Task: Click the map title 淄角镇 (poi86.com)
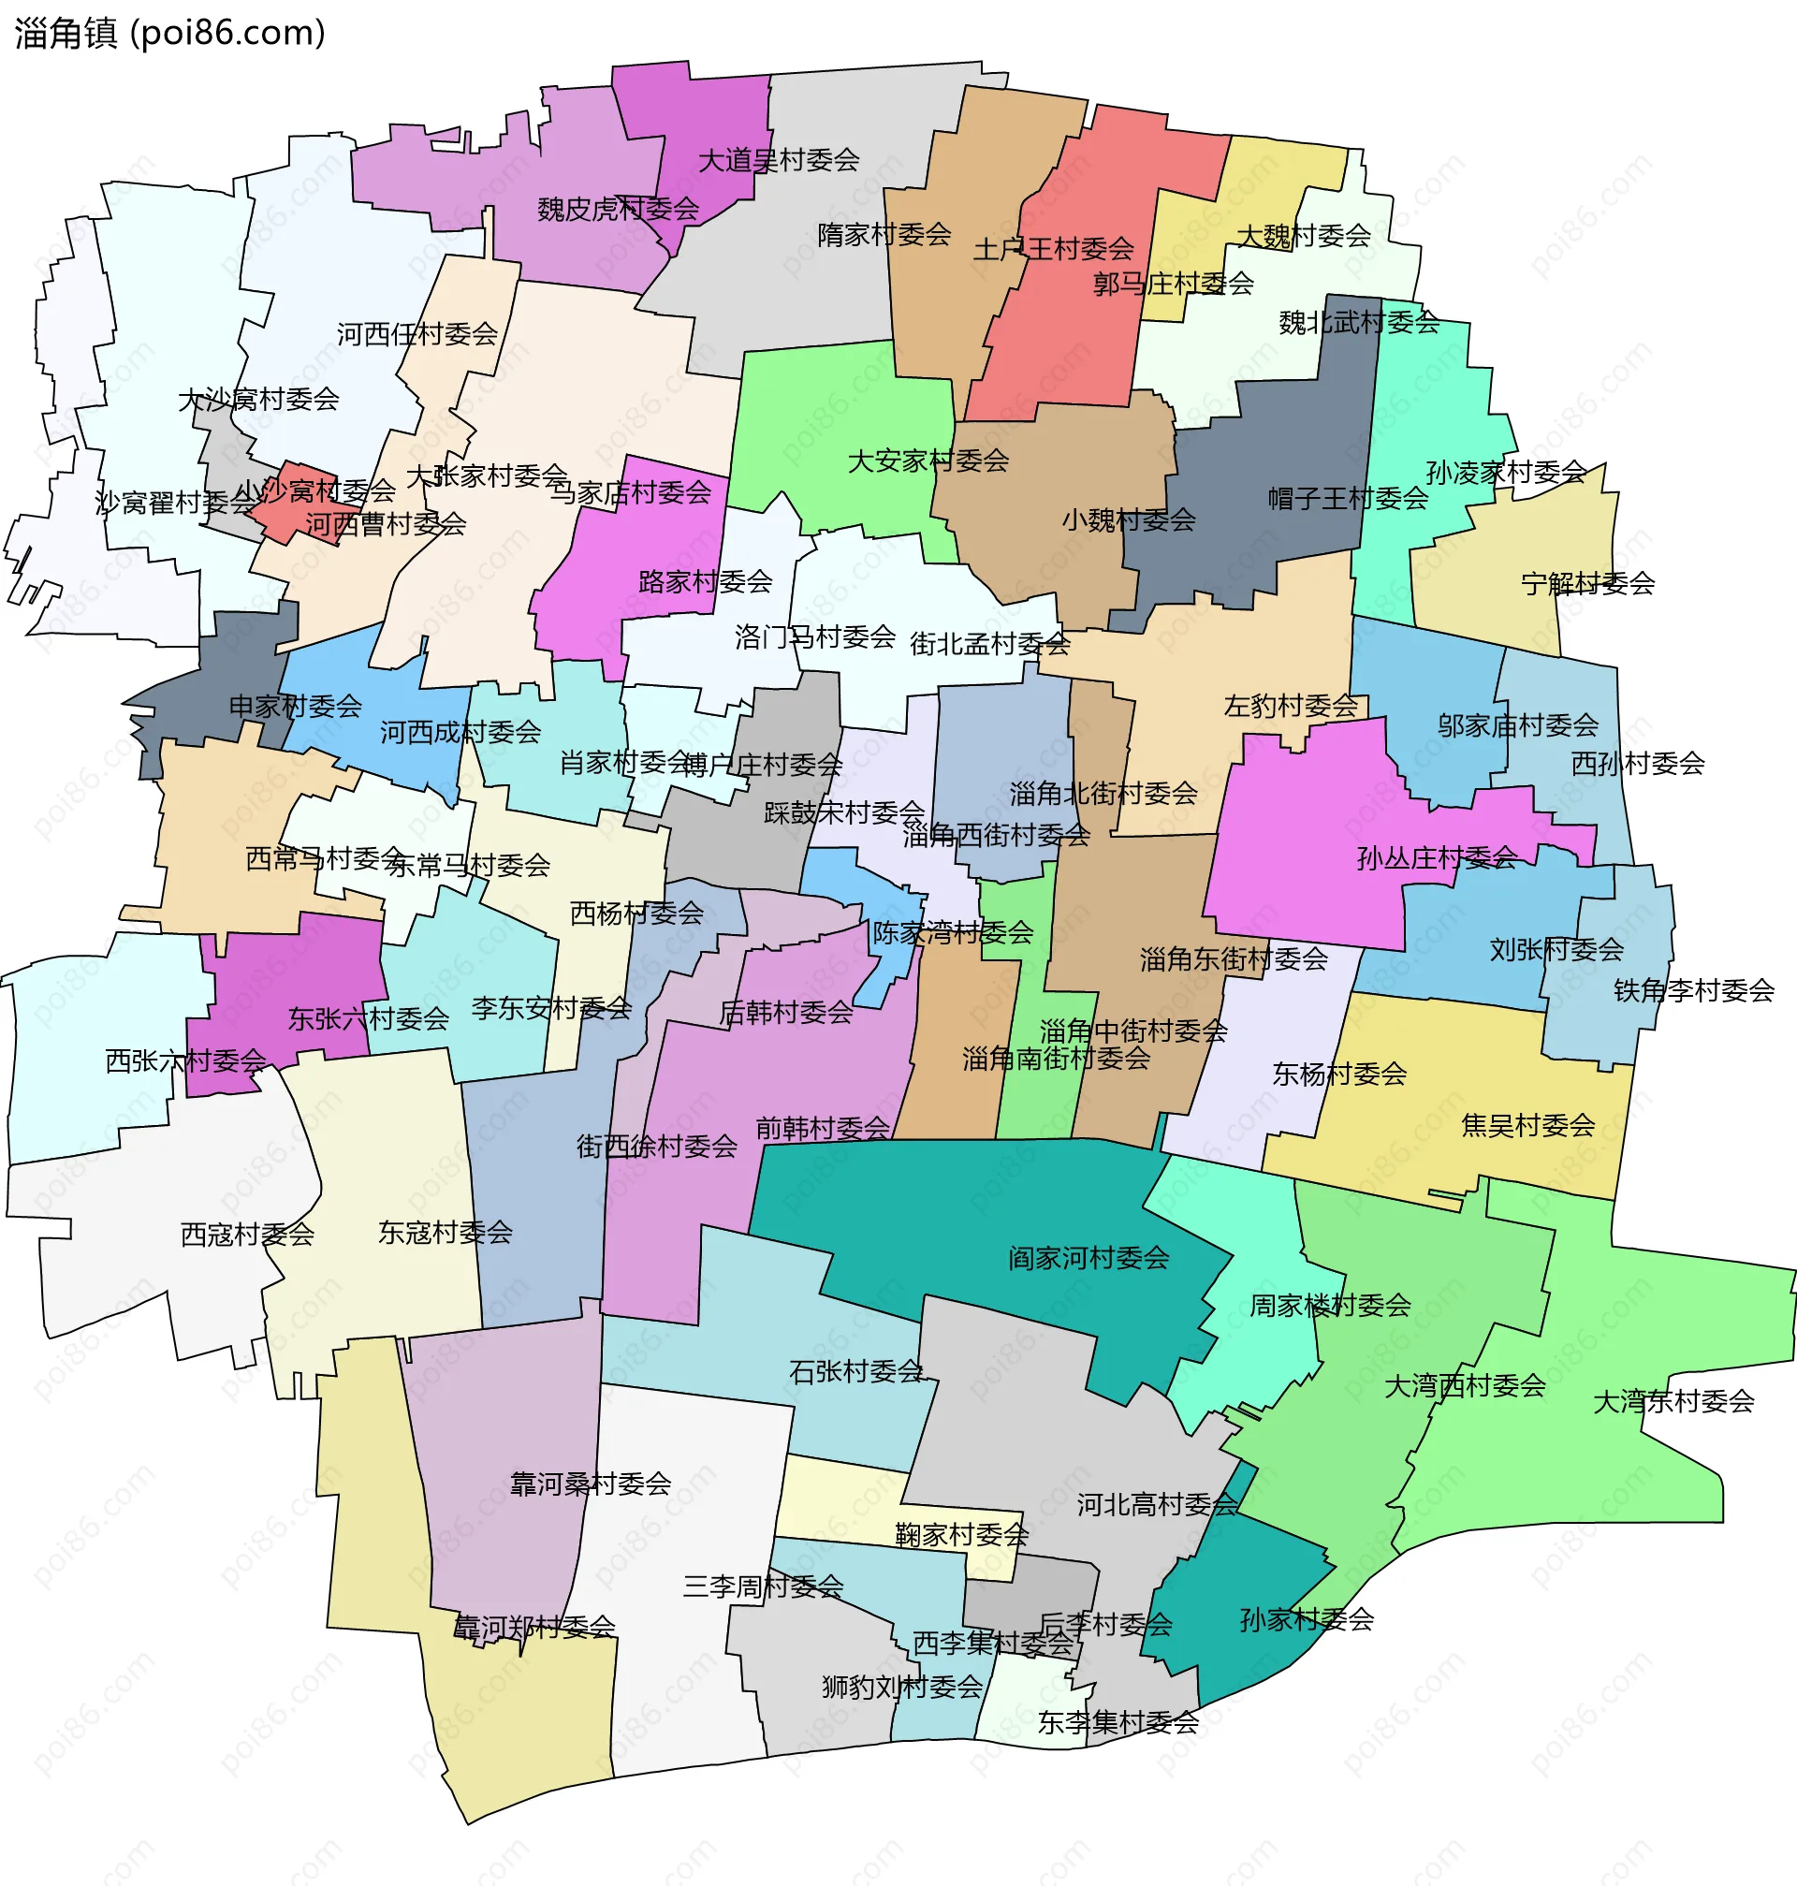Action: click(x=169, y=34)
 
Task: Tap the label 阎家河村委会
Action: click(x=1088, y=1257)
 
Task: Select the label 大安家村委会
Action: click(x=928, y=461)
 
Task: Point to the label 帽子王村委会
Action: click(x=1347, y=498)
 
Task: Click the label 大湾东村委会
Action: click(x=1673, y=1401)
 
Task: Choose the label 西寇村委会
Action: click(x=247, y=1234)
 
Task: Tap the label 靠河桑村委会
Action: click(x=590, y=1484)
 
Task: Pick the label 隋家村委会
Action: click(x=884, y=234)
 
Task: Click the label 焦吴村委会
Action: click(x=1527, y=1124)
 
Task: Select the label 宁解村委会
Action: click(x=1587, y=582)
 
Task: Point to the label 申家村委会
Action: click(x=295, y=706)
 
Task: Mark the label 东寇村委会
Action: click(x=446, y=1232)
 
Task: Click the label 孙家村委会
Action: click(x=1307, y=1618)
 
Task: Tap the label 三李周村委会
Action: click(x=763, y=1586)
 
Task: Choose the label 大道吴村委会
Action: click(x=778, y=160)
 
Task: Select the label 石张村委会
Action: click(x=855, y=1370)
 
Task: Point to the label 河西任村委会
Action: click(x=416, y=333)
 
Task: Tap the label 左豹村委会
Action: click(x=1291, y=706)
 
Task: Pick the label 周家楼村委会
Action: click(x=1330, y=1305)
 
